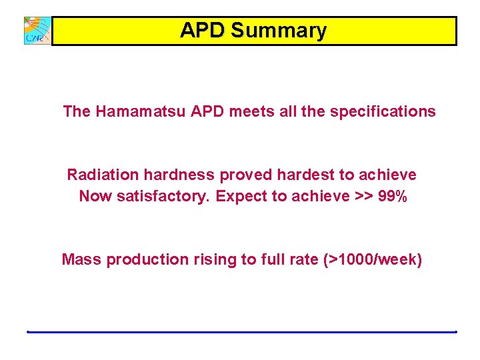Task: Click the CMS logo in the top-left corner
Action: (37, 31)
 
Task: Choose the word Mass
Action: (81, 259)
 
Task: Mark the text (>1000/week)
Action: (373, 259)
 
